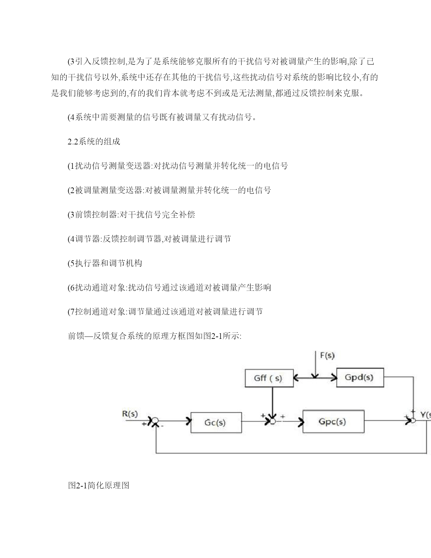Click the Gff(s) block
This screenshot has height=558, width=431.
[269, 378]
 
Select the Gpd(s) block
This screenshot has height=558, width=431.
[360, 377]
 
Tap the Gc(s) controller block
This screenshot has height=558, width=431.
[216, 422]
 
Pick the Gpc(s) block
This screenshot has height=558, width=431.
[333, 421]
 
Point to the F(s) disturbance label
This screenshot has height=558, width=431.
[327, 355]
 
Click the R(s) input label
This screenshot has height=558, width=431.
[130, 414]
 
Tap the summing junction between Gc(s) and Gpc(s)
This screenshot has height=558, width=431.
[272, 421]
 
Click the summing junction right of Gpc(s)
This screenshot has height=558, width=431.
[413, 420]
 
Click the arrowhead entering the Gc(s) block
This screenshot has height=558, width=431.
[189, 421]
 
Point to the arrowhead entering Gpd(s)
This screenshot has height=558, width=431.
[334, 377]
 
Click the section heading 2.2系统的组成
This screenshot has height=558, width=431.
[94, 141]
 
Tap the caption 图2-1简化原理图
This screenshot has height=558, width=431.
[99, 485]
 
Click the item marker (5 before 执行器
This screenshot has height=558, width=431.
[71, 263]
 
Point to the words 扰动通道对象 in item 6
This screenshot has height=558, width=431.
[100, 287]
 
